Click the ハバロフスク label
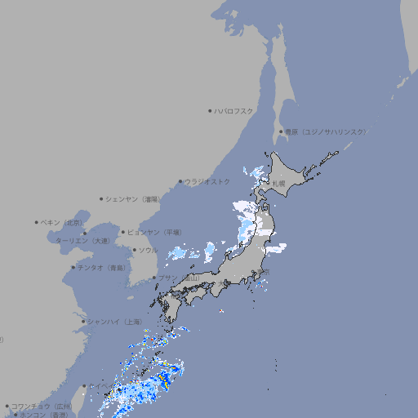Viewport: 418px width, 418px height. [233, 111]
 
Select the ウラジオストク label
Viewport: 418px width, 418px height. [207, 181]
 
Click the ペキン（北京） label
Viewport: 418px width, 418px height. [62, 222]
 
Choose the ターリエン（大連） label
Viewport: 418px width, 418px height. [82, 241]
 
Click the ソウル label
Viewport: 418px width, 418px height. [148, 250]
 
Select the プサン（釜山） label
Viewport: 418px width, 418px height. [178, 278]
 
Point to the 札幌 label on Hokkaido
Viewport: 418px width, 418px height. [279, 183]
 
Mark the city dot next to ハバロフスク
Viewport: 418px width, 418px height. [210, 111]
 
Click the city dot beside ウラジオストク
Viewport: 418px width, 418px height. [180, 181]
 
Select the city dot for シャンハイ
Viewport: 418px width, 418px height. [83, 322]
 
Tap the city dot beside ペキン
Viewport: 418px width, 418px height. [37, 222]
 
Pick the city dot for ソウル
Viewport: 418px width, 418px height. [134, 250]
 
